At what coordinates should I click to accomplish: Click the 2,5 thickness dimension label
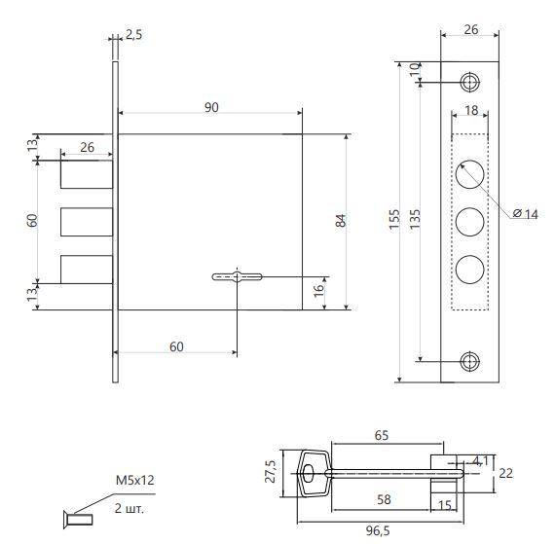[x=133, y=35]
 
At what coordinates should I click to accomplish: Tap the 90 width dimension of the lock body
[x=211, y=107]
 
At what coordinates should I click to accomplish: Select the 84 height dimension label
[x=341, y=221]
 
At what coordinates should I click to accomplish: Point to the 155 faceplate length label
[x=394, y=219]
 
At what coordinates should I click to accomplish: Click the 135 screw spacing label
[x=415, y=219]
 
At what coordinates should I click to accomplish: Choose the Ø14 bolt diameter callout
[x=525, y=214]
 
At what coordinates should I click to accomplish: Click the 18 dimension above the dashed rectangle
[x=471, y=110]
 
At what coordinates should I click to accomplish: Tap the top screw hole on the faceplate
[x=469, y=83]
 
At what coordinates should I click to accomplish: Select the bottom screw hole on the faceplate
[x=469, y=362]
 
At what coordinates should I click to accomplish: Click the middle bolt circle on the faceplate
[x=469, y=222]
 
